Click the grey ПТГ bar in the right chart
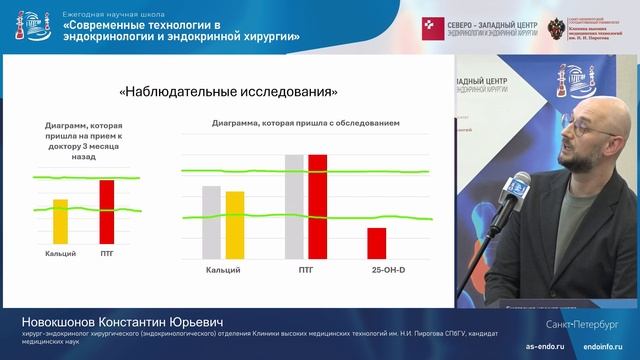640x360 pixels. coord(294,207)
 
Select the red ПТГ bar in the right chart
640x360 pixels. coord(318,207)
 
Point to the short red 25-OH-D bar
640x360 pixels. coord(376,243)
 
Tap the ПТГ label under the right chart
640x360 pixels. coord(306,270)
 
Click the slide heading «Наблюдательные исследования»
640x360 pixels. coord(228,92)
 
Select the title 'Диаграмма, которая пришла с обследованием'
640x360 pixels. coord(306,123)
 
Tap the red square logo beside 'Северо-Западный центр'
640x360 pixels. coord(431,23)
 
